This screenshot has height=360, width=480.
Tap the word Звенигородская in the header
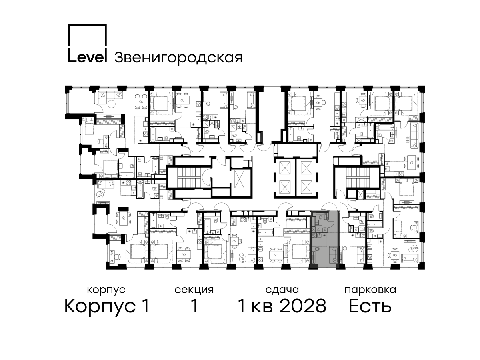click(x=178, y=58)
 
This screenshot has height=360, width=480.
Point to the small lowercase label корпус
click(x=106, y=290)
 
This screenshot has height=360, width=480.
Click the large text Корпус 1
click(x=107, y=306)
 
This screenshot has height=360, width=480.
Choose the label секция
click(x=194, y=290)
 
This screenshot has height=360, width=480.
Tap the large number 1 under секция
click(x=194, y=306)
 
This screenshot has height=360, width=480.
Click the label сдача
click(x=282, y=290)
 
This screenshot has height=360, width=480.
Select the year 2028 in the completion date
click(x=303, y=306)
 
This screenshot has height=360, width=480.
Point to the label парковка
click(x=370, y=290)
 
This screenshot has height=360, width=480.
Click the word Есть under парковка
click(x=370, y=306)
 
